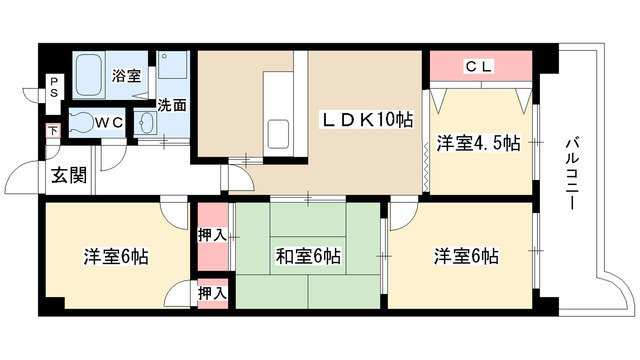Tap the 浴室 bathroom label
pos(125,75)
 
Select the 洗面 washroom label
pos(171,103)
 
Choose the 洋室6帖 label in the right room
pos(466,257)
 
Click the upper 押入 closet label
pos(211,236)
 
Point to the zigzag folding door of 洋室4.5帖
pos(428,159)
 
